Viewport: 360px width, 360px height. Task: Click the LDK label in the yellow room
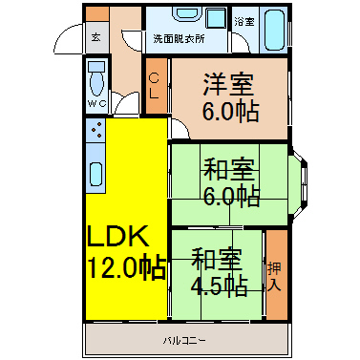118,237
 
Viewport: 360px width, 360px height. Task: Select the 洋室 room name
229,84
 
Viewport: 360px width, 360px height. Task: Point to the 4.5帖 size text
220,286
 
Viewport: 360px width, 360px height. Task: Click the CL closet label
155,85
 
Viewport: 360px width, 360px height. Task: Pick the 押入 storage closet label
274,276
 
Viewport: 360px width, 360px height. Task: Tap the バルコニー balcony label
184,341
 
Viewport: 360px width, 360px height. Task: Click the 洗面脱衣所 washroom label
179,39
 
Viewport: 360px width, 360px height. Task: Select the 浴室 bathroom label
244,22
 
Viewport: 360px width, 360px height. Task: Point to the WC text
96,103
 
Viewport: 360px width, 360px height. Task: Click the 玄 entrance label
96,37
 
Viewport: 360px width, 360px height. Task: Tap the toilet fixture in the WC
96,78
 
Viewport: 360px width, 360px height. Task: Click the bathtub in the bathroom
274,30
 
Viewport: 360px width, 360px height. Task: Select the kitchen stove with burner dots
95,131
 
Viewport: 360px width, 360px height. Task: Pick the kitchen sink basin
95,174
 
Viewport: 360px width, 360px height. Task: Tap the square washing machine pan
217,18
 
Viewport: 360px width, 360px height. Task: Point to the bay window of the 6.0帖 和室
299,185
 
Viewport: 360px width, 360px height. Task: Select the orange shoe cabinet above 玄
97,14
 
